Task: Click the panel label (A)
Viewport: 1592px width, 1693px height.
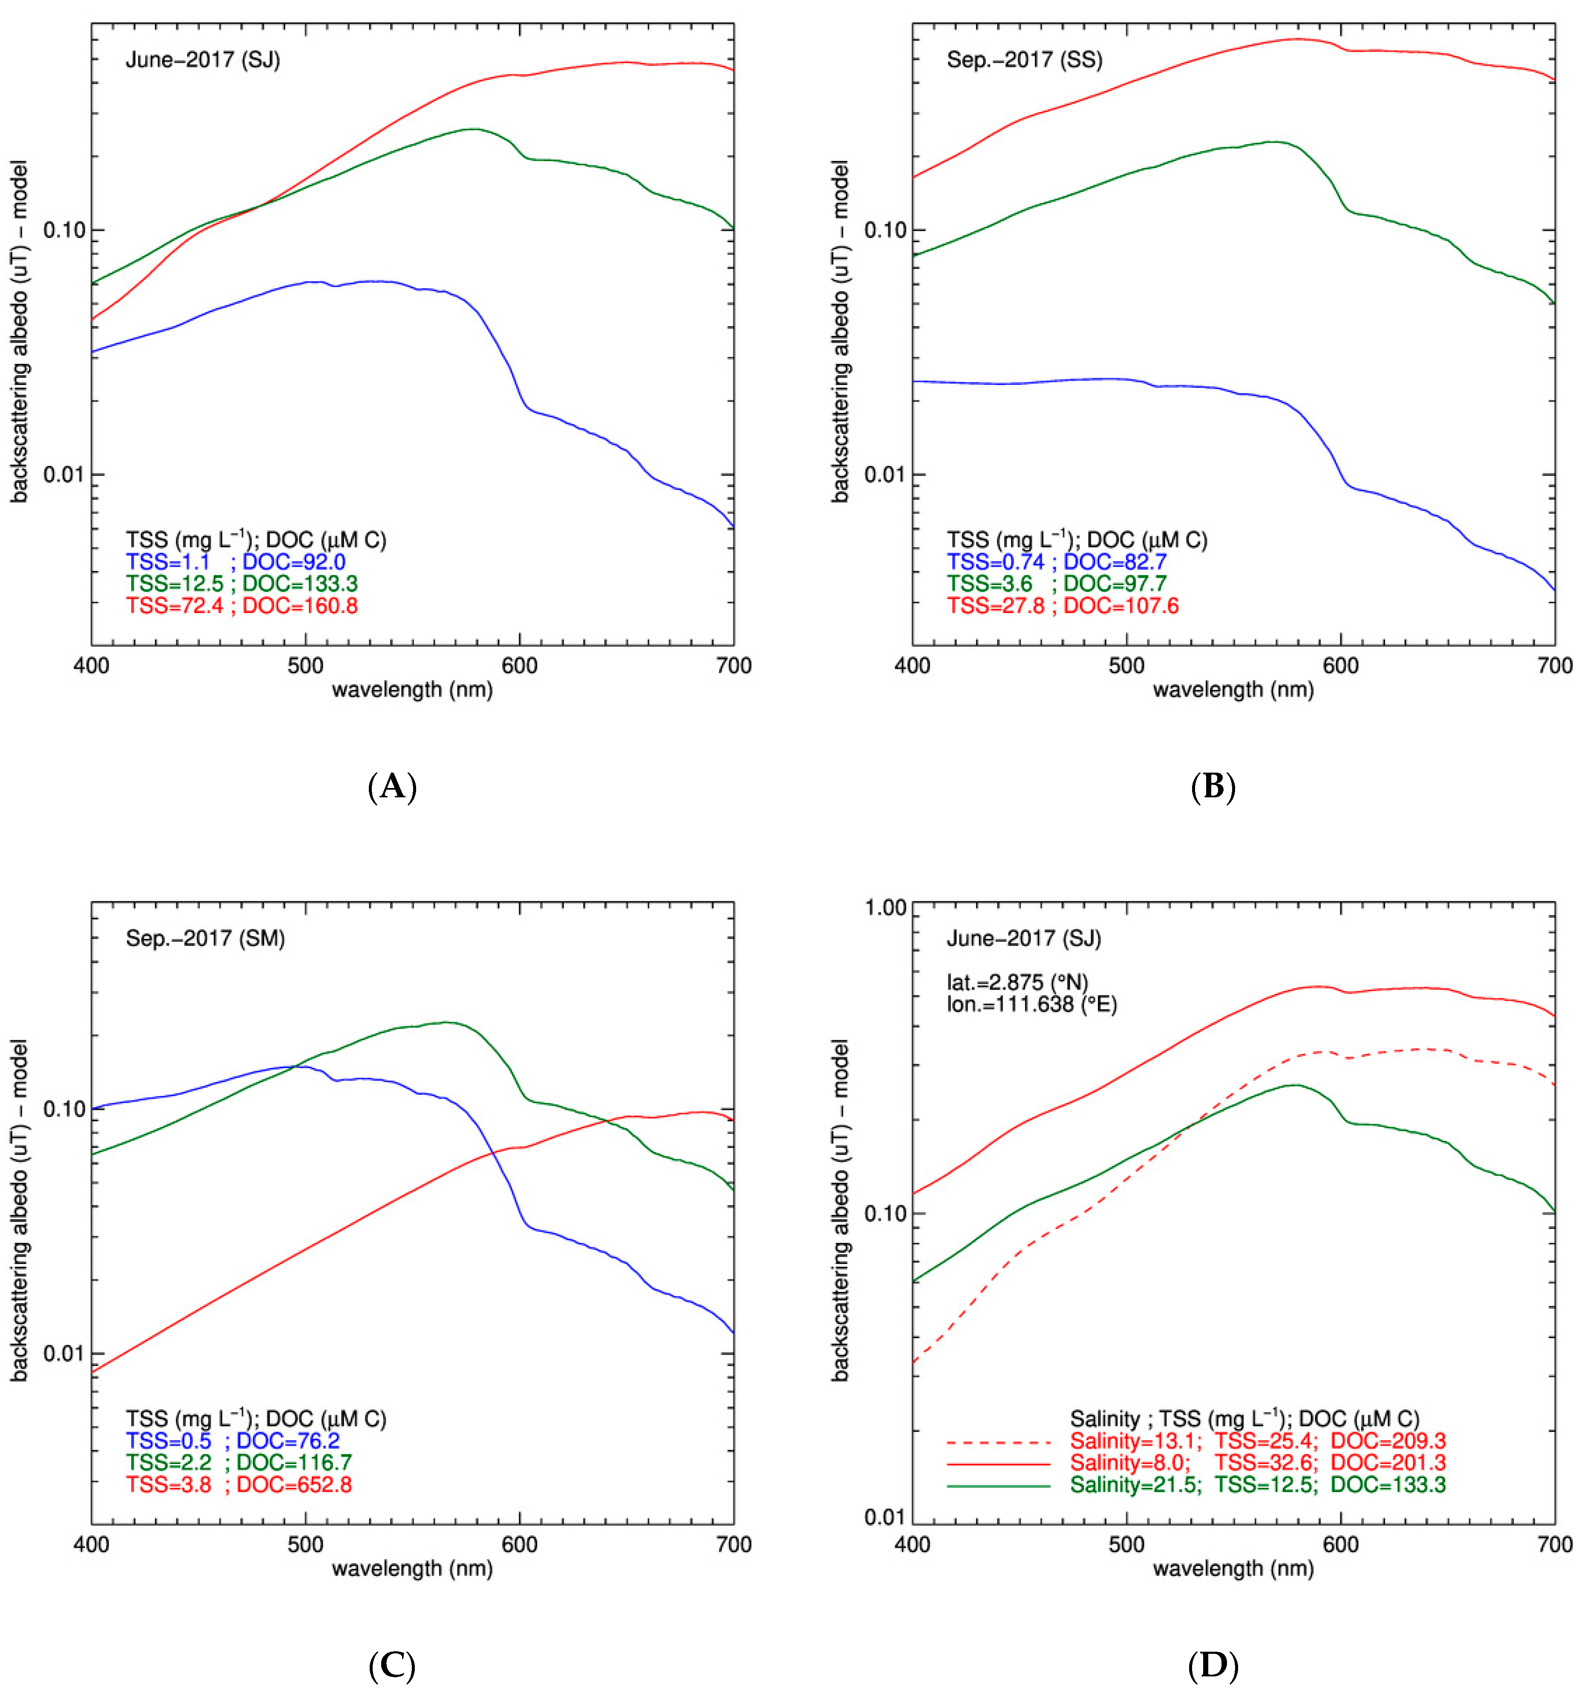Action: pyautogui.click(x=392, y=786)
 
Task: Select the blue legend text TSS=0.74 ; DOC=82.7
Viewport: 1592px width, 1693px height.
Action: pyautogui.click(x=1056, y=562)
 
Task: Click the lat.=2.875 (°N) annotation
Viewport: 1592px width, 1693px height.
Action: pyautogui.click(x=1017, y=982)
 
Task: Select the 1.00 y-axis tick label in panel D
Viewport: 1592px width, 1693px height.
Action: pyautogui.click(x=886, y=908)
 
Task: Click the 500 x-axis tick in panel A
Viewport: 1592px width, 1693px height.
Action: pyautogui.click(x=306, y=666)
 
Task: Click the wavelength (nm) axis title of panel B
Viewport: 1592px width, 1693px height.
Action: pyautogui.click(x=1233, y=690)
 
